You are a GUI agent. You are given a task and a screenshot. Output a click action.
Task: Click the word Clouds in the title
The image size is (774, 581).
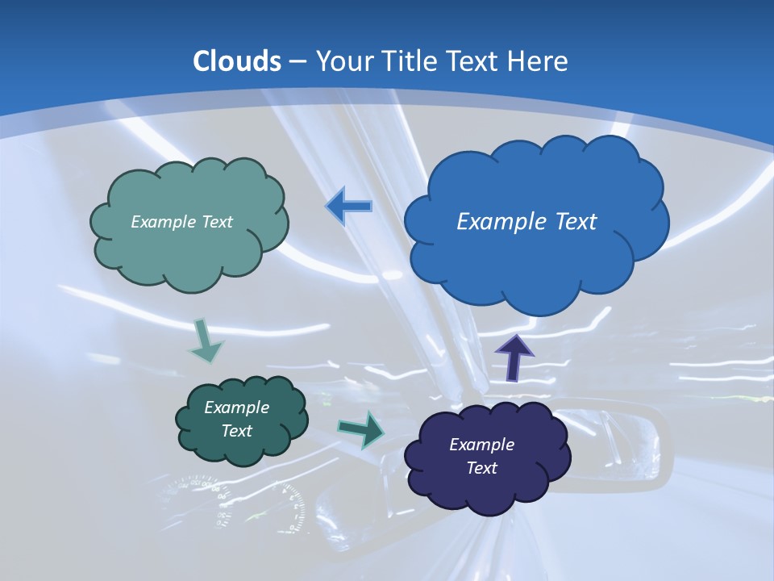(237, 61)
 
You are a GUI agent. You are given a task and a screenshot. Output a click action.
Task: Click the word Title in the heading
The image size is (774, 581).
(410, 61)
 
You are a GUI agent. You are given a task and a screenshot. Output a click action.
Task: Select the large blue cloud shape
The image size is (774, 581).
(535, 242)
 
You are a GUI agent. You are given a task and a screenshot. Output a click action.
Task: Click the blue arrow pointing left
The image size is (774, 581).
(348, 207)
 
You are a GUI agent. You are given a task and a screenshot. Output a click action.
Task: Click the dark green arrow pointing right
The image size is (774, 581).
(360, 428)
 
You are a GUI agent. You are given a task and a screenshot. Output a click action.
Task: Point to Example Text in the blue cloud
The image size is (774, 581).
(526, 221)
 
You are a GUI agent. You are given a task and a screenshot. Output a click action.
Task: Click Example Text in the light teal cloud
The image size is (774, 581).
(181, 221)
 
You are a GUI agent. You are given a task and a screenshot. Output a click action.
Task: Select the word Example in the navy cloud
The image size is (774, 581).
(481, 444)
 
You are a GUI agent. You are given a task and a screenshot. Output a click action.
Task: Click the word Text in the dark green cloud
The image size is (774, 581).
(237, 431)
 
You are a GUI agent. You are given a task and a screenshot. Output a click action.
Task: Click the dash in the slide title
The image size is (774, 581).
(297, 62)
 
